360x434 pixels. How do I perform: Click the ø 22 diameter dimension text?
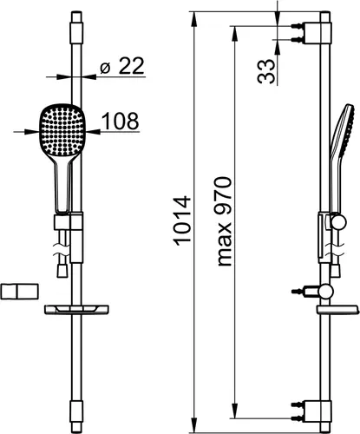[x=121, y=66]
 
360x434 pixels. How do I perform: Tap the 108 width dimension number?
[x=121, y=121]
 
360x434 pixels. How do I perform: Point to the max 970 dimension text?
[x=225, y=221]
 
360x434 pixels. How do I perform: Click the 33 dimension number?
[x=266, y=71]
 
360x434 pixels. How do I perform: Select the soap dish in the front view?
[x=76, y=310]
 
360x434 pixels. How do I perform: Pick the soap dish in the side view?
[x=337, y=310]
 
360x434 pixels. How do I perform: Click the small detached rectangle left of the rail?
[x=19, y=292]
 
